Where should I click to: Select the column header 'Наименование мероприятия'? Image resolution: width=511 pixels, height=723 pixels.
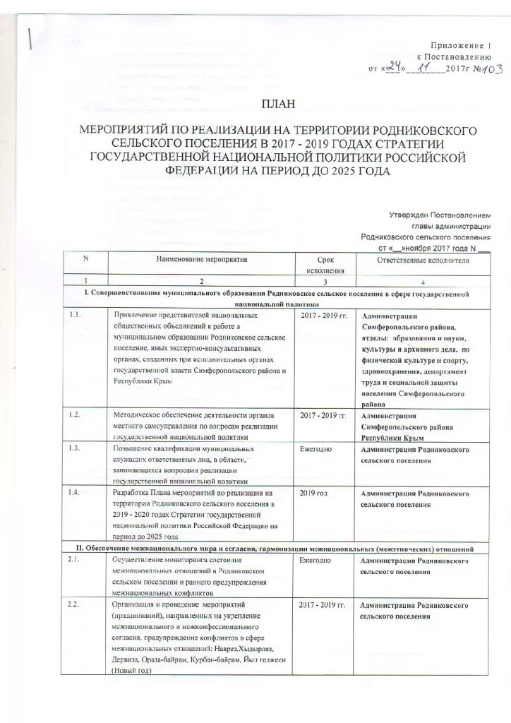point(201,260)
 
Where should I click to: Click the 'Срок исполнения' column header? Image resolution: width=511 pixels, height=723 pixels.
point(325,265)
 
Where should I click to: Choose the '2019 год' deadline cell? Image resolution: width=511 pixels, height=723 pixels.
point(314,492)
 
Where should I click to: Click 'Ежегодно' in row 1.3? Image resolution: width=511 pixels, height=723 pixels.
point(315,449)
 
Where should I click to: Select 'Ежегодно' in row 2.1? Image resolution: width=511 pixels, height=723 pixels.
point(315,560)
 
